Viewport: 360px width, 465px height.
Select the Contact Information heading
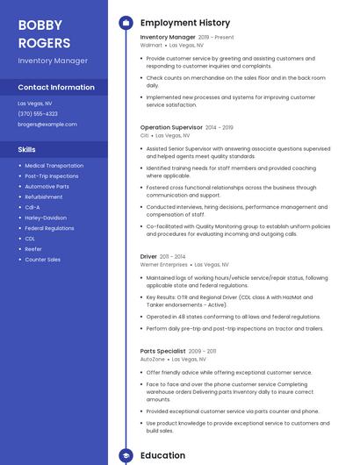(56, 88)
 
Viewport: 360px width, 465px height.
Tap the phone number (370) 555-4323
(38, 113)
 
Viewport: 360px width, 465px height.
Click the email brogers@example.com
(47, 124)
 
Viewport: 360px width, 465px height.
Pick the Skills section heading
(27, 149)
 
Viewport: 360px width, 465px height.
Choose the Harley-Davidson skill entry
(46, 218)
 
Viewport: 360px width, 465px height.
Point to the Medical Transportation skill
(54, 165)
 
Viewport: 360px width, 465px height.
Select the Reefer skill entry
(33, 249)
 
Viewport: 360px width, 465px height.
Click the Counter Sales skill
(43, 260)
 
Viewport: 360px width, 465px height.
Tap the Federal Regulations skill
(49, 228)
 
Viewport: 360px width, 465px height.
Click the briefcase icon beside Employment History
(125, 22)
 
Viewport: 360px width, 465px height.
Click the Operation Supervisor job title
(170, 127)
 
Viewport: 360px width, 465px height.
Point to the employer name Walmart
(152, 44)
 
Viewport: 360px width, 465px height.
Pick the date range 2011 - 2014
(172, 257)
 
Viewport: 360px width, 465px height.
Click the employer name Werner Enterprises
(163, 264)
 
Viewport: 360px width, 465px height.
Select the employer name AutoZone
(153, 358)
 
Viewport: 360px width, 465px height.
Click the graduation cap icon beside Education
(125, 455)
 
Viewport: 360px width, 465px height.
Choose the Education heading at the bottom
(162, 455)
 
